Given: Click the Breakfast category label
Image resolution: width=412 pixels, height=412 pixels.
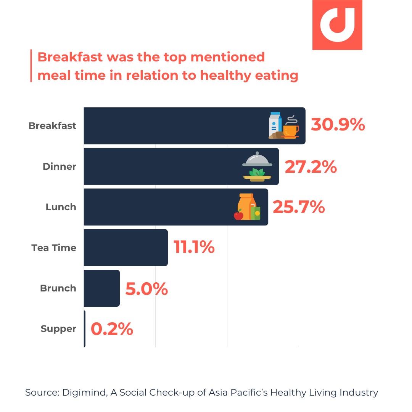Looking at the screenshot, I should click(52, 126).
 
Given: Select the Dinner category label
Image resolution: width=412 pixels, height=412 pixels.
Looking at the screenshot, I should click(59, 167).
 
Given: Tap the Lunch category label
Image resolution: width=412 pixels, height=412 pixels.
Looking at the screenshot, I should click(61, 207).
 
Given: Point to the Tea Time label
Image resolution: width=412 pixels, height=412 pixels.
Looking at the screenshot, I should click(54, 248).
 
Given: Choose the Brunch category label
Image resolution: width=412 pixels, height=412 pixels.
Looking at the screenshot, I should click(58, 288).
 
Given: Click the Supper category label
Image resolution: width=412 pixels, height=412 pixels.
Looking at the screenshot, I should click(58, 329).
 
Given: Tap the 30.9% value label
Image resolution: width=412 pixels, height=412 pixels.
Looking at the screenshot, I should click(338, 125).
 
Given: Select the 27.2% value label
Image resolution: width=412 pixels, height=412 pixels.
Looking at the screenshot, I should click(311, 167).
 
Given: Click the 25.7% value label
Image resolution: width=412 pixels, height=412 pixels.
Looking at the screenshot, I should click(298, 207).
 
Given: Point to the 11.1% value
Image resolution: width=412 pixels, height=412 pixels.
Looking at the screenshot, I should click(194, 248).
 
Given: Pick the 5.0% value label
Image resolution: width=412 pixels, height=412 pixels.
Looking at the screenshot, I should click(146, 289).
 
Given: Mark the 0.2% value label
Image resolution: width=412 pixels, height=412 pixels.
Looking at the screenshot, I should click(112, 329).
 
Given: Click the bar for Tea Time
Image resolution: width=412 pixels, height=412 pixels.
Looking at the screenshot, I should click(126, 248).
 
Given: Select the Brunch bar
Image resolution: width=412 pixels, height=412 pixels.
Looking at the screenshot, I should click(101, 288).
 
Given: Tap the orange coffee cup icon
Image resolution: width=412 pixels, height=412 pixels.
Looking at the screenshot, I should click(291, 130).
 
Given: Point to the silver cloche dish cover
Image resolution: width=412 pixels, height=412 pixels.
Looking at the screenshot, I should click(257, 159).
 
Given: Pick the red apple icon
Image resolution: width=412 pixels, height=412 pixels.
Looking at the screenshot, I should click(238, 215).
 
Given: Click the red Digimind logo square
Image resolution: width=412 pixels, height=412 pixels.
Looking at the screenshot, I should click(337, 25).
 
